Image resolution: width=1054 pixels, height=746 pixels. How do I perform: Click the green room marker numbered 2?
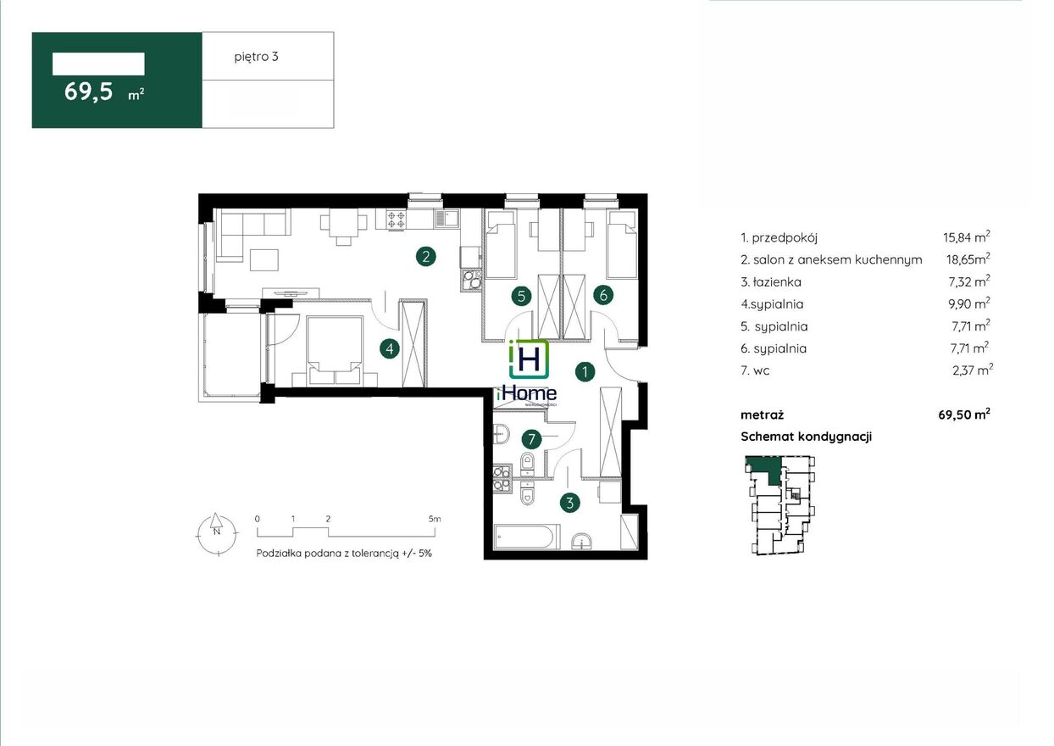[x=426, y=257]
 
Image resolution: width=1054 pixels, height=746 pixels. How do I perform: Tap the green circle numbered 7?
[x=531, y=439]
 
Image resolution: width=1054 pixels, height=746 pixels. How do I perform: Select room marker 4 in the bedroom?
[x=390, y=348]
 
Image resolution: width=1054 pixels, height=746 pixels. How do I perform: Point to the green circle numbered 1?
[x=585, y=372]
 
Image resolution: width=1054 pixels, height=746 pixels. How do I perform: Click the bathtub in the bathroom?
[x=528, y=536]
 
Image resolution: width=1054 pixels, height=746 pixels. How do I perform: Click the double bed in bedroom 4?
[x=335, y=351]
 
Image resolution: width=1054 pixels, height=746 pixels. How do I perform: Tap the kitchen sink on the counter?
[x=447, y=219]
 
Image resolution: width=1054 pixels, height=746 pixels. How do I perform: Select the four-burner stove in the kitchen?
[x=396, y=220]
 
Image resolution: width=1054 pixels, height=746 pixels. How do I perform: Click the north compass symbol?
[x=216, y=534]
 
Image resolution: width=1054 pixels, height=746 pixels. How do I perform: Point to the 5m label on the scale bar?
[x=435, y=519]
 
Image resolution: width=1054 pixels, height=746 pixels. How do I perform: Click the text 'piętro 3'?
[x=257, y=57]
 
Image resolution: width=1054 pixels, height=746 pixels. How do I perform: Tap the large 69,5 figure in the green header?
[x=88, y=92]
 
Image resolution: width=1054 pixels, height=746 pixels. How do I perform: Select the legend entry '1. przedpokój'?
[x=779, y=237]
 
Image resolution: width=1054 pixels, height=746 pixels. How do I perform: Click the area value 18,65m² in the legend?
[x=968, y=259]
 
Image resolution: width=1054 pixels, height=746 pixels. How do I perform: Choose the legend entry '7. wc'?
[x=755, y=371]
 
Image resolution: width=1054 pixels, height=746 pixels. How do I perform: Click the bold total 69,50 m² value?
[x=964, y=415]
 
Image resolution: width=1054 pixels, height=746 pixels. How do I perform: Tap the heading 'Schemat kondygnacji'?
[x=806, y=437]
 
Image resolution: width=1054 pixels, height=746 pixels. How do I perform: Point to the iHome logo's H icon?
[x=529, y=359]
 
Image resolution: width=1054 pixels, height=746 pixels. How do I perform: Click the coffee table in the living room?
[x=264, y=260]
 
